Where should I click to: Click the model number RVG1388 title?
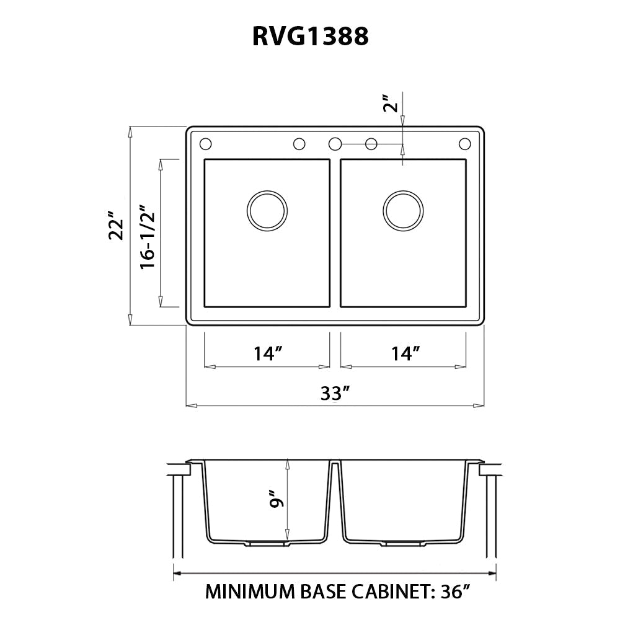(310, 37)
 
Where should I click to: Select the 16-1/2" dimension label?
(146, 237)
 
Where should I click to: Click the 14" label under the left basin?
(268, 354)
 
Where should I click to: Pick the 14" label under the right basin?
(406, 354)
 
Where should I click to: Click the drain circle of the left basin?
(267, 210)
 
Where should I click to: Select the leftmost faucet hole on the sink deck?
(206, 144)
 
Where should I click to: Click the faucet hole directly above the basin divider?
(335, 144)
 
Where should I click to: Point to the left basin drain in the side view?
(267, 544)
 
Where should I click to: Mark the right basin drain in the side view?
(402, 544)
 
